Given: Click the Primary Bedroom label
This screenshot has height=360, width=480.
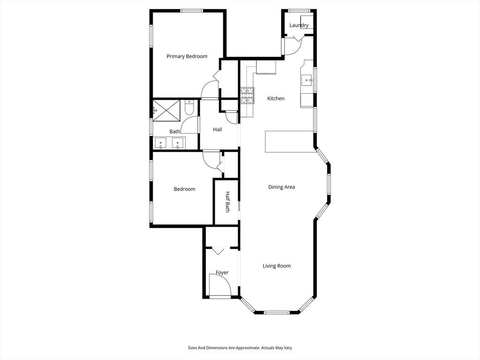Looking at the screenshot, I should pos(187,56).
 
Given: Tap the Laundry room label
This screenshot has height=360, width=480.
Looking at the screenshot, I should pos(299,25).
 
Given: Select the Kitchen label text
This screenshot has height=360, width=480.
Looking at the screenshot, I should pos(276,98).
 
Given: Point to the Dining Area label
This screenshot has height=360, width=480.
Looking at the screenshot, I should pos(281,187).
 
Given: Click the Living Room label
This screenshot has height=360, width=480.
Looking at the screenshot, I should pos(276,266).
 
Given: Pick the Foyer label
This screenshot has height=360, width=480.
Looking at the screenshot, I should pos(222,272).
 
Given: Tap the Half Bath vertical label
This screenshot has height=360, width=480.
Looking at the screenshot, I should pos(227,202).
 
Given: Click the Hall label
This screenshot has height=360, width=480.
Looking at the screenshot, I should pos(217,129).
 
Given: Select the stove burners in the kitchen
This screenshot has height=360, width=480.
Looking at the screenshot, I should pos(247,96).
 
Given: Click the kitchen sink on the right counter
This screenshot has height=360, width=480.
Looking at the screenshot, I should pos(307,80).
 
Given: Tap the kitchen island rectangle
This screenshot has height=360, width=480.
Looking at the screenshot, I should pos(290,142).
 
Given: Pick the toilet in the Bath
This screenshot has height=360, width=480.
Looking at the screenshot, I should pos(189,109).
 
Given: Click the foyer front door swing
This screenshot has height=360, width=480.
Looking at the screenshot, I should pos(219,285).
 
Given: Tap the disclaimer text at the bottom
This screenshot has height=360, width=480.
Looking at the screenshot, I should pos(240,348).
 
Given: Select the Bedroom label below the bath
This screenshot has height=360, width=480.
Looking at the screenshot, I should pos(184,189).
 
